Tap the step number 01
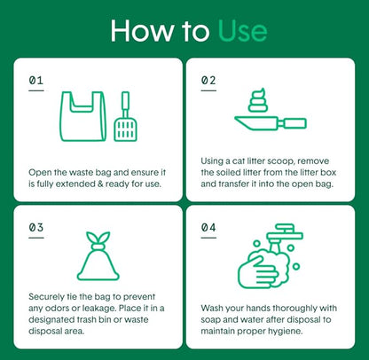coord(36,80)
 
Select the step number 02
coord(208,80)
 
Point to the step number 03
coord(36,228)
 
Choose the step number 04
coord(208,228)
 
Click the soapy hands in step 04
coord(263,270)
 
